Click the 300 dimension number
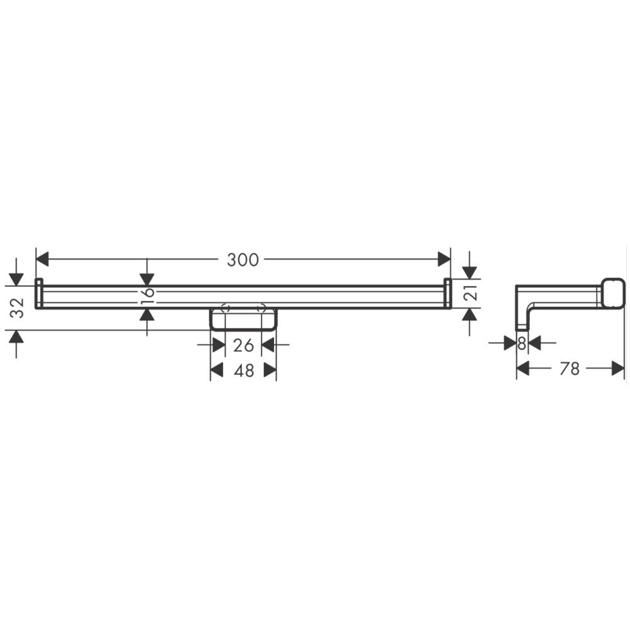(243, 260)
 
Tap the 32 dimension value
(17, 308)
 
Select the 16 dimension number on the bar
(148, 295)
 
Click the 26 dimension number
(243, 345)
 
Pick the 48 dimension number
(244, 370)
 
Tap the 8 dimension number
(522, 343)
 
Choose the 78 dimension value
(570, 369)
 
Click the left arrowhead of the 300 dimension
(42, 259)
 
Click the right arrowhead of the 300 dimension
(444, 259)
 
